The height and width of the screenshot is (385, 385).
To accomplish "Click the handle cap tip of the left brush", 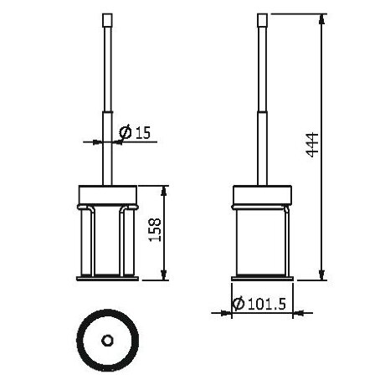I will point(106,18).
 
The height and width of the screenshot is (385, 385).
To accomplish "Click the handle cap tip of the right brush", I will point(261,18).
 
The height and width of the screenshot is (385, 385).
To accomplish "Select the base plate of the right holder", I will point(261,277).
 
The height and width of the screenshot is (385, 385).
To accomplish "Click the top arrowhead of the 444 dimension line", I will point(322,18).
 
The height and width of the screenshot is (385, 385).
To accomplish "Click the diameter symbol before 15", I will point(124,133).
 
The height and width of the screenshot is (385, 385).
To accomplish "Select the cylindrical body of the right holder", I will point(261,238).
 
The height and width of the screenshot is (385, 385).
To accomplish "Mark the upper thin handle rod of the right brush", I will point(261,67).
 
